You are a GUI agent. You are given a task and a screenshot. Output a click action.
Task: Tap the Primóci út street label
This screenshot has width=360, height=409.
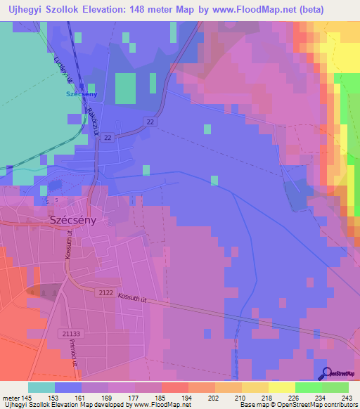[73, 351]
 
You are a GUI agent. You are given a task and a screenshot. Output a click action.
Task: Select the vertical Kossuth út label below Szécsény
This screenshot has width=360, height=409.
[68, 244]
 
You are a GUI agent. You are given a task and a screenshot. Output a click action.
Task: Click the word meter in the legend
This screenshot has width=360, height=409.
[12, 397]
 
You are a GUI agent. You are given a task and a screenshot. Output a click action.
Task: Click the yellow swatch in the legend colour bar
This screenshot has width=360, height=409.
[281, 387]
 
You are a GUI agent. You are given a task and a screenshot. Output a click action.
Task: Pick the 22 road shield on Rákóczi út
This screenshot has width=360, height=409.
[107, 138]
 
